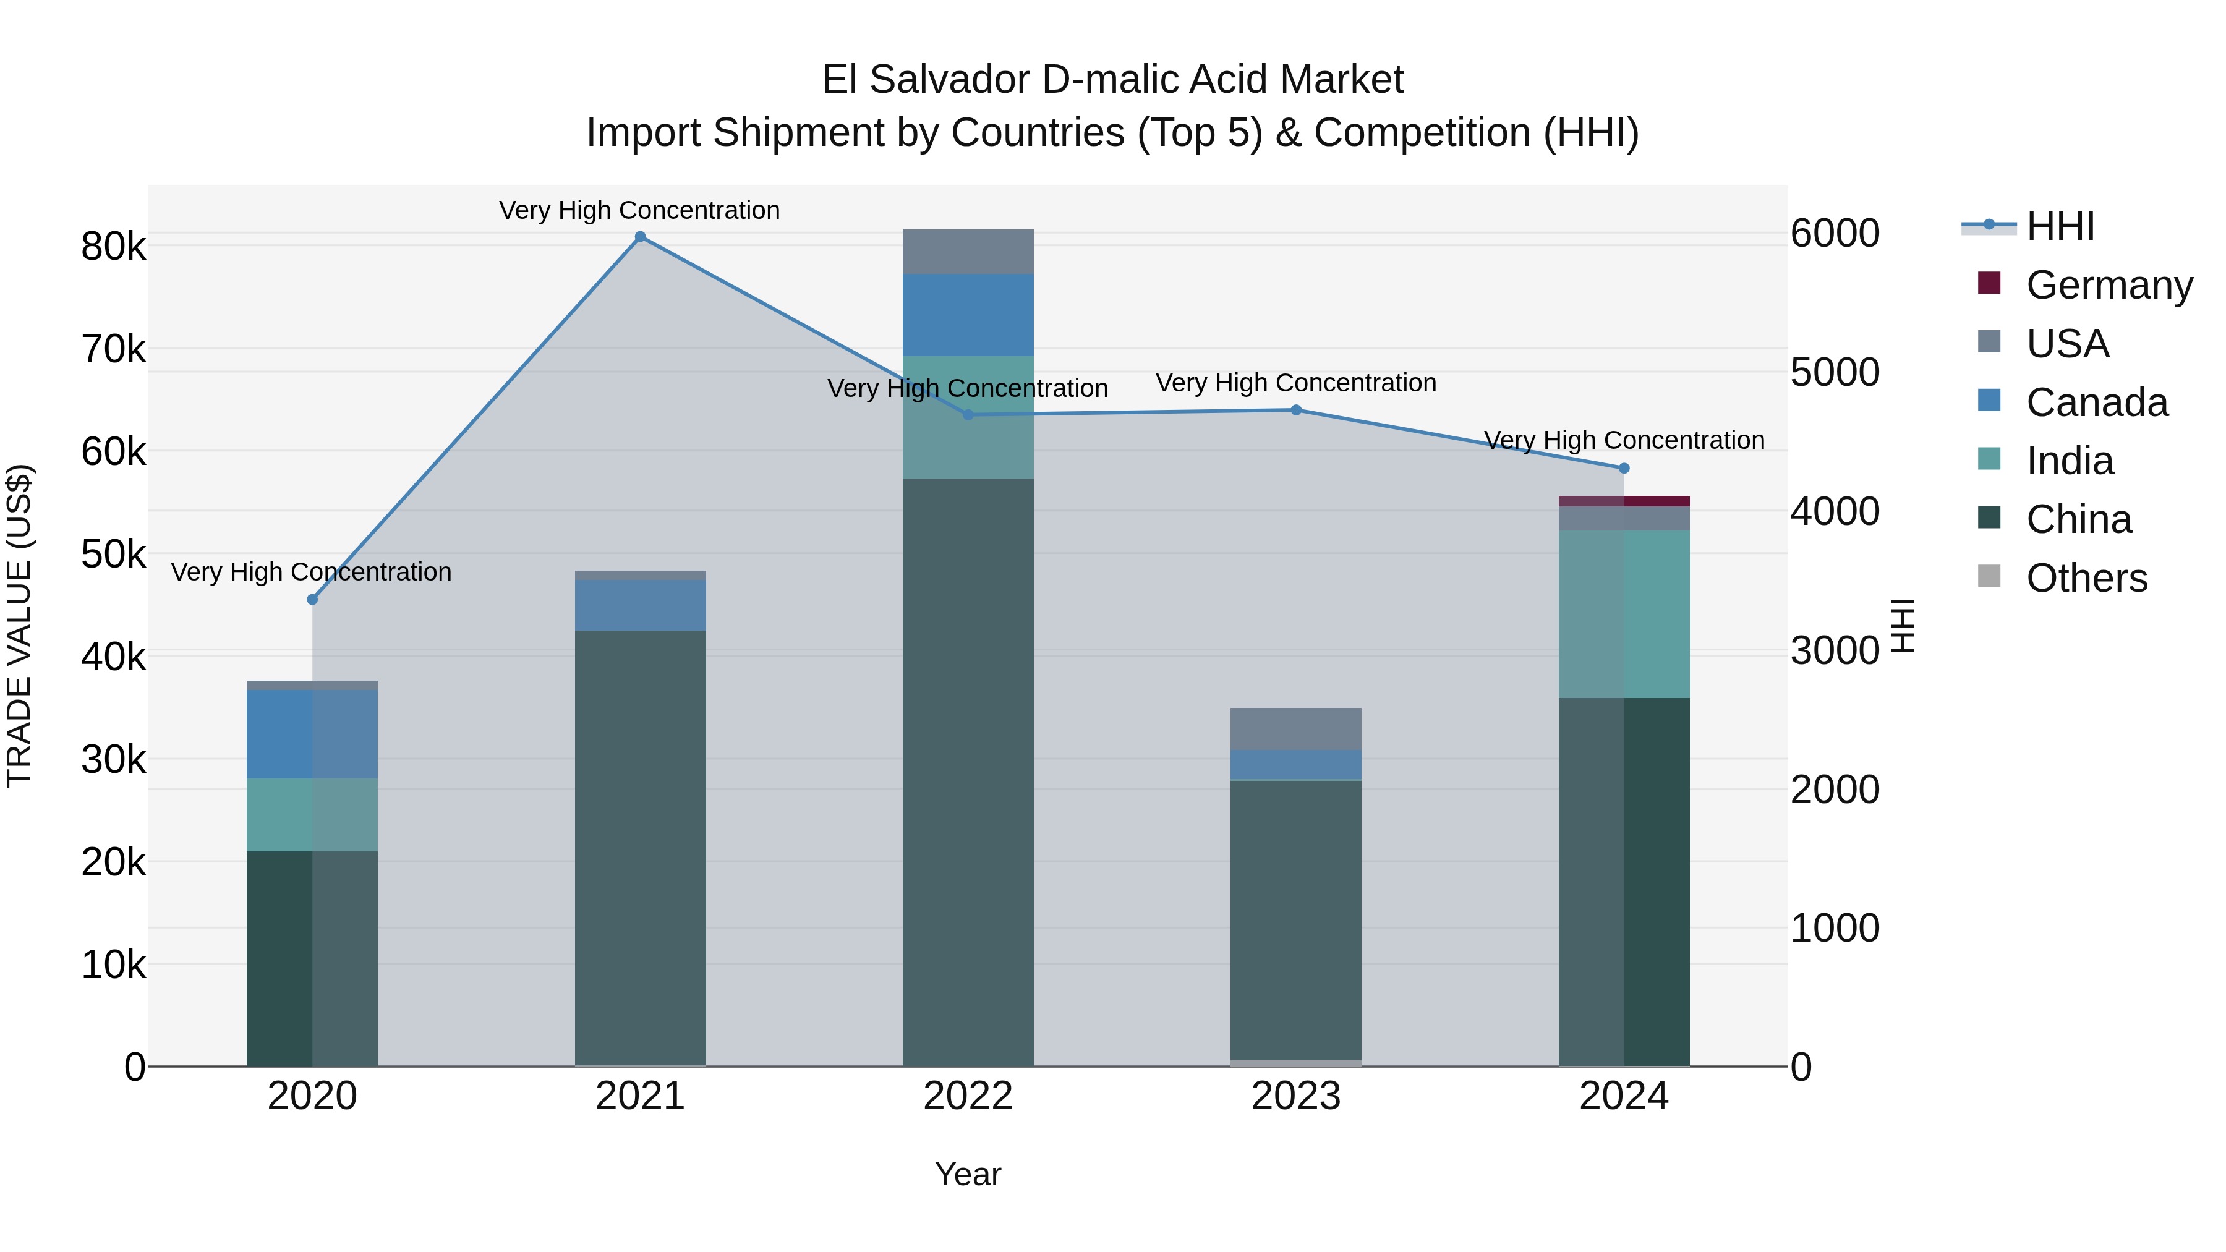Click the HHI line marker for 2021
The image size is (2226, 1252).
click(x=641, y=237)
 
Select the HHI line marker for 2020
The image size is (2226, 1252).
click(x=313, y=600)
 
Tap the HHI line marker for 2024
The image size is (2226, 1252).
click(x=1624, y=468)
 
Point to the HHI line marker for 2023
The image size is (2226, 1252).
click(x=1296, y=411)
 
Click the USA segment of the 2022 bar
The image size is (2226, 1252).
click(x=968, y=252)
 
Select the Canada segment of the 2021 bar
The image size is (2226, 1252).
click(x=641, y=605)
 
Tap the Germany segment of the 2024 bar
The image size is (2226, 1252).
click(x=1624, y=501)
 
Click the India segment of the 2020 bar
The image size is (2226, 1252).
click(x=312, y=815)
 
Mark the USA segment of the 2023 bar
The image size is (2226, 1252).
click(x=1295, y=730)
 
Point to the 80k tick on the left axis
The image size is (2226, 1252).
click(x=113, y=247)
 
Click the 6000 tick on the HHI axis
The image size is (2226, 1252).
click(x=1835, y=233)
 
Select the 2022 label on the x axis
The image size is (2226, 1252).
click(x=968, y=1096)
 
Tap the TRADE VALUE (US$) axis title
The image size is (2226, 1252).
click(x=19, y=626)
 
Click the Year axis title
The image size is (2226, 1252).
click(x=968, y=1174)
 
